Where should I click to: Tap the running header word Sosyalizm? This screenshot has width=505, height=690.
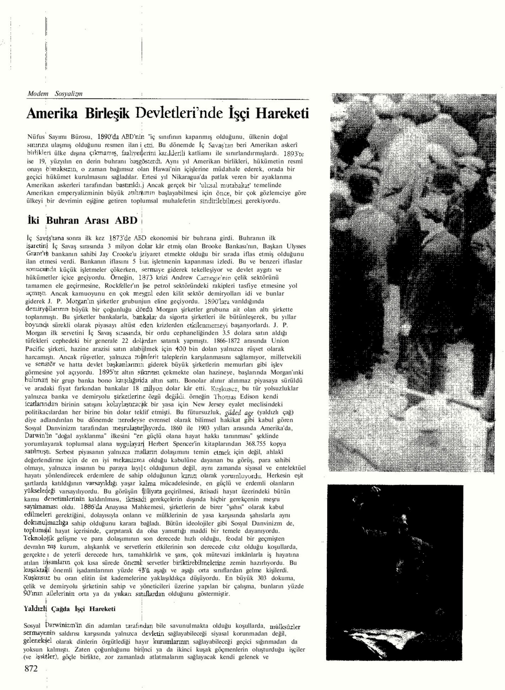coord(69,93)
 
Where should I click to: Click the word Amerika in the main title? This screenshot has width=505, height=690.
coord(52,114)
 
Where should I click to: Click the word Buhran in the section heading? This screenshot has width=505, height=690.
coord(62,220)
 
